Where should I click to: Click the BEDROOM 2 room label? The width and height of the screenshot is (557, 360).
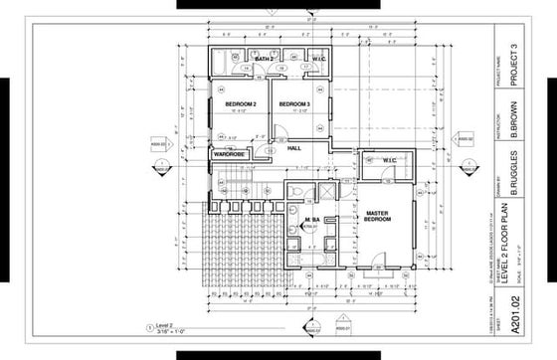point(241,104)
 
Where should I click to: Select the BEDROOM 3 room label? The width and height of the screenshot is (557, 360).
point(294,104)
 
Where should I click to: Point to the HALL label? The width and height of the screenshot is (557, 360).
point(294,148)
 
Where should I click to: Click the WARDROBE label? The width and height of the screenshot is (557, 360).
point(228,154)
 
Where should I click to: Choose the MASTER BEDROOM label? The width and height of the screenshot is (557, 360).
point(376,217)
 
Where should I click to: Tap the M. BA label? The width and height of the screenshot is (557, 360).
point(311,219)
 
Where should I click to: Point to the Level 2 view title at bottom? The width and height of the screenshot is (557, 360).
point(165,323)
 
